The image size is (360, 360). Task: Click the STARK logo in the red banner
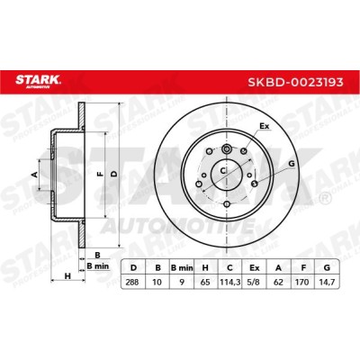pos(38,82)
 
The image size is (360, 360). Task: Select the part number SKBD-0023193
pos(295,82)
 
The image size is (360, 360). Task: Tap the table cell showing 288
pos(132,282)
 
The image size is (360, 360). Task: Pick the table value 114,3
pos(229,282)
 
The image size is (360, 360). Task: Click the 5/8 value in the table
pos(254,282)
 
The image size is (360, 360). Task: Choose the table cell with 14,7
pos(327,282)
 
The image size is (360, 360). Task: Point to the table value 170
pos(302,282)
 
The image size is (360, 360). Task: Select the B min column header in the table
pos(182,268)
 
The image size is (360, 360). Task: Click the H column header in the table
pos(205,268)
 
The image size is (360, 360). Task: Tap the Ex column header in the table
pos(254,268)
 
